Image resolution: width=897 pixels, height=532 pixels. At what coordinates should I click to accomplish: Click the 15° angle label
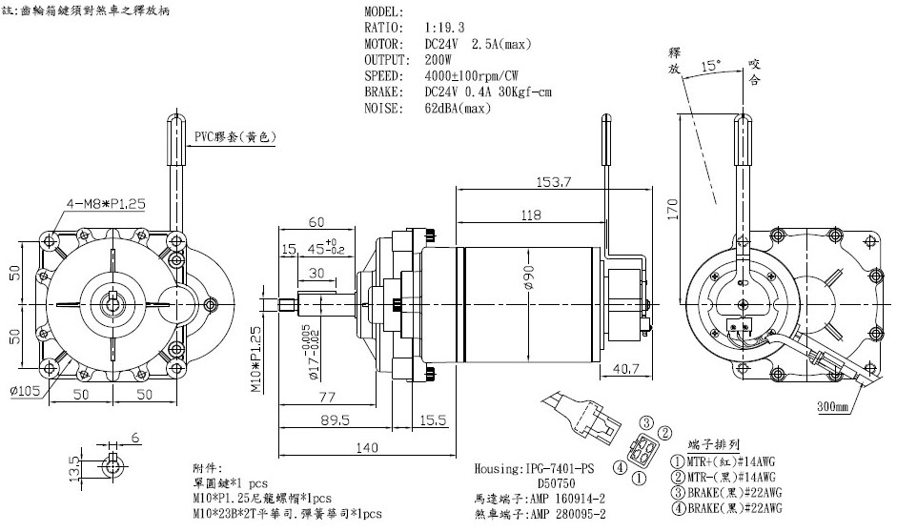[x=710, y=67]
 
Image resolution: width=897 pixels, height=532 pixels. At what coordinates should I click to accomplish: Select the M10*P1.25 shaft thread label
[x=255, y=359]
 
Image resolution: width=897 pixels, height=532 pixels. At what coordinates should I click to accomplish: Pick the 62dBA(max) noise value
[x=458, y=108]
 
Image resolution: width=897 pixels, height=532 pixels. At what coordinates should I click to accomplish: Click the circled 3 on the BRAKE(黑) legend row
[x=681, y=493]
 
